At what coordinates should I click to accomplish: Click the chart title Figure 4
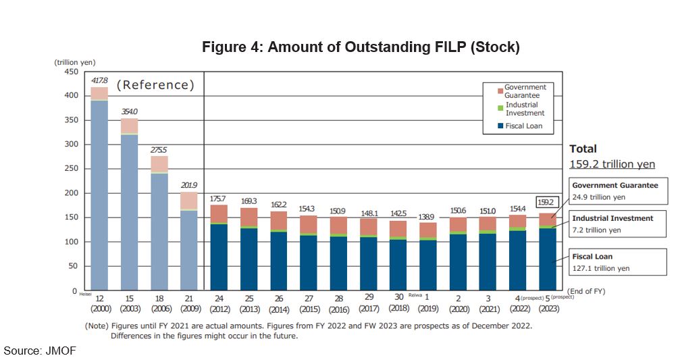pos(361,47)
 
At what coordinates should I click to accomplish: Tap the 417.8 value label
pos(99,80)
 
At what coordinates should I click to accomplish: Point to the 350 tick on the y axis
pos(71,120)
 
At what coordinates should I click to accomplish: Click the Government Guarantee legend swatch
pos(500,91)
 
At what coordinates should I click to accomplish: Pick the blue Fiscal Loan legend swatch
pos(500,126)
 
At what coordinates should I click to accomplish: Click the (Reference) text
pos(155,85)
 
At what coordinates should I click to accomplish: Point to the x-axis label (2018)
pos(398,309)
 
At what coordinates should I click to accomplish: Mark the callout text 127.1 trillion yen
pos(600,268)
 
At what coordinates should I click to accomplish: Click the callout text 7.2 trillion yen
pos(597,230)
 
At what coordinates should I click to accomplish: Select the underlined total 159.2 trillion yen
pos(612,164)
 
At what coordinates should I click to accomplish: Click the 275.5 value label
pos(159,149)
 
